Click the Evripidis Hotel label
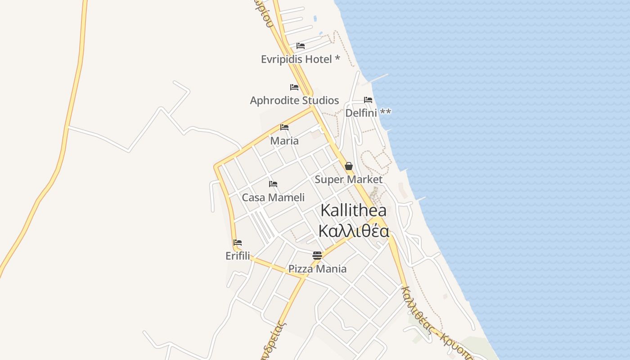pyautogui.click(x=300, y=59)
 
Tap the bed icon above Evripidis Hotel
pyautogui.click(x=301, y=46)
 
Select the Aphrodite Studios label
pyautogui.click(x=294, y=100)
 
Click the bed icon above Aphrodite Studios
pyautogui.click(x=294, y=87)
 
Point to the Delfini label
pyautogui.click(x=368, y=112)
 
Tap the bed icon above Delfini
pyautogui.click(x=368, y=100)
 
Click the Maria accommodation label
pyautogui.click(x=284, y=140)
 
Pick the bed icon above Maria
pyautogui.click(x=284, y=127)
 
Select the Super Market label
pyautogui.click(x=348, y=179)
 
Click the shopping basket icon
pyautogui.click(x=348, y=166)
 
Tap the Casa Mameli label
pyautogui.click(x=273, y=197)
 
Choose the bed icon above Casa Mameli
pyautogui.click(x=273, y=184)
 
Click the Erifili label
pyautogui.click(x=238, y=256)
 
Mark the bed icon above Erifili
pyautogui.click(x=238, y=243)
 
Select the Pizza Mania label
pyautogui.click(x=317, y=269)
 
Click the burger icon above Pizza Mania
pyautogui.click(x=317, y=256)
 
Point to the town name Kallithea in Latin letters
pyautogui.click(x=353, y=211)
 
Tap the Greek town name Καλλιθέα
pyautogui.click(x=353, y=230)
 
